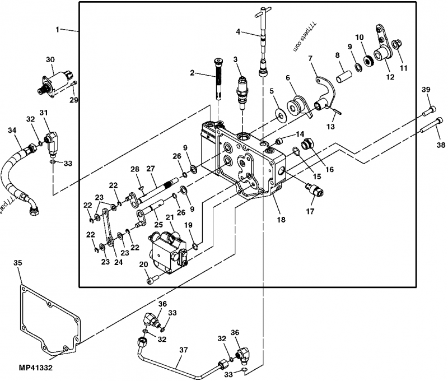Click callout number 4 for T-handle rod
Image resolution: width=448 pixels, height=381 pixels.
(x=238, y=32)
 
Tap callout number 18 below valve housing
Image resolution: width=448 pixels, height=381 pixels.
(x=281, y=220)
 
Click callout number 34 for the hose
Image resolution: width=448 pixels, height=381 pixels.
(x=11, y=131)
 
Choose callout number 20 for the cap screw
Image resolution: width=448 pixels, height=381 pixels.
(x=143, y=265)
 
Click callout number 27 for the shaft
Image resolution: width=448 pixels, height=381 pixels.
(x=150, y=169)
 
